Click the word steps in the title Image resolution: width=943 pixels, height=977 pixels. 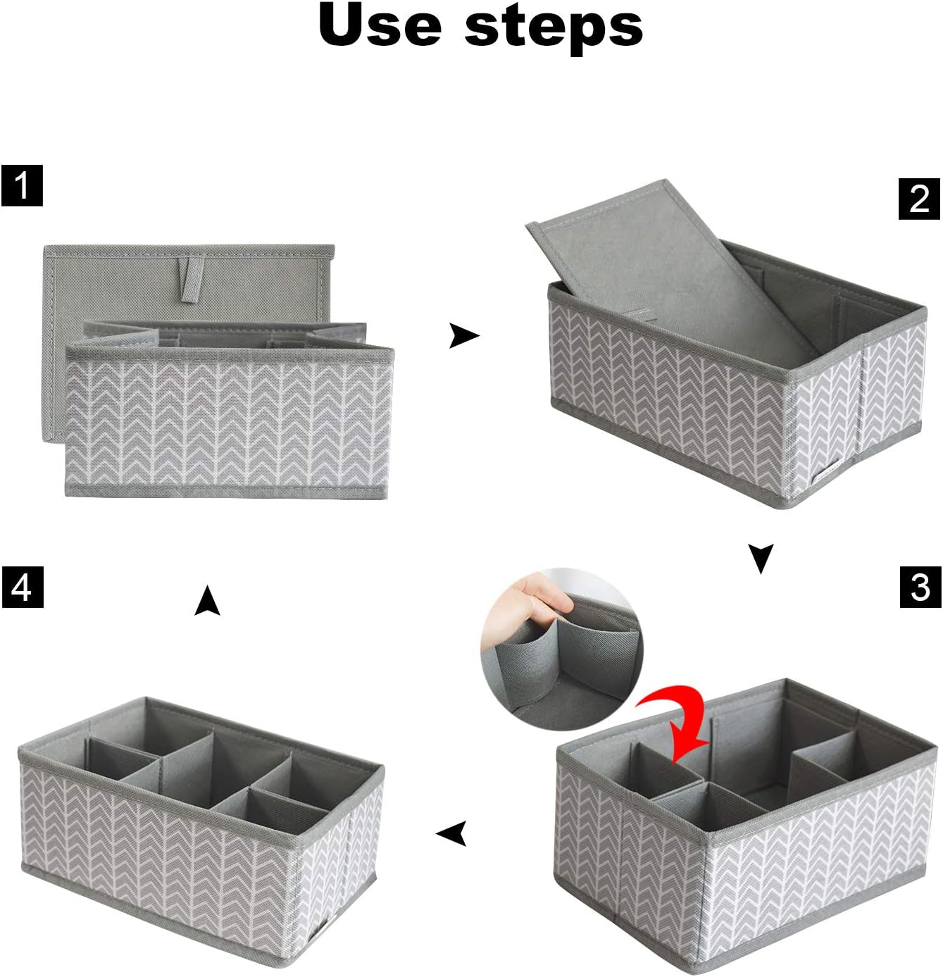pyautogui.click(x=554, y=26)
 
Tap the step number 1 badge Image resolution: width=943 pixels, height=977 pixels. pyautogui.click(x=22, y=186)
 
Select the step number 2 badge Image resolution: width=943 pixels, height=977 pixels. pyautogui.click(x=919, y=199)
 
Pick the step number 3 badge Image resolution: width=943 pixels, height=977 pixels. pyautogui.click(x=920, y=587)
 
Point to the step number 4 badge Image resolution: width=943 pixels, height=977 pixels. pyautogui.click(x=22, y=587)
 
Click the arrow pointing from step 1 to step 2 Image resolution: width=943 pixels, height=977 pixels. pyautogui.click(x=463, y=336)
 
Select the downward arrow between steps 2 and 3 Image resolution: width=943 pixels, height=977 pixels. pyautogui.click(x=761, y=558)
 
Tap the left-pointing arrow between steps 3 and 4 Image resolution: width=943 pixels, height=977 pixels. pyautogui.click(x=451, y=833)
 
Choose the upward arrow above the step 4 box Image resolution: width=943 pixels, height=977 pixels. pyautogui.click(x=207, y=601)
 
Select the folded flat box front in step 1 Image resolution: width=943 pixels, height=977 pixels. pyautogui.click(x=227, y=421)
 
